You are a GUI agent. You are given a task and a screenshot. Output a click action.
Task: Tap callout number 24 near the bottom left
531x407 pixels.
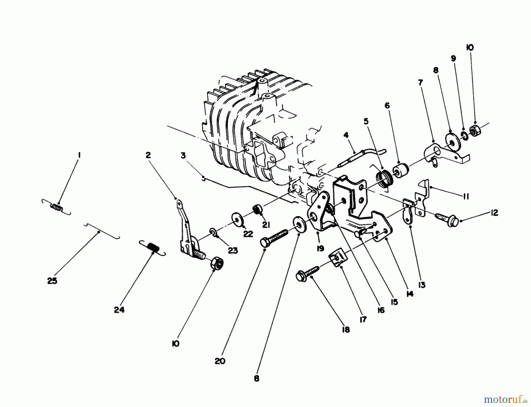(x=119, y=310)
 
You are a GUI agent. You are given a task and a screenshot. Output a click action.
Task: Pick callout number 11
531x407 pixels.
(x=466, y=196)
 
